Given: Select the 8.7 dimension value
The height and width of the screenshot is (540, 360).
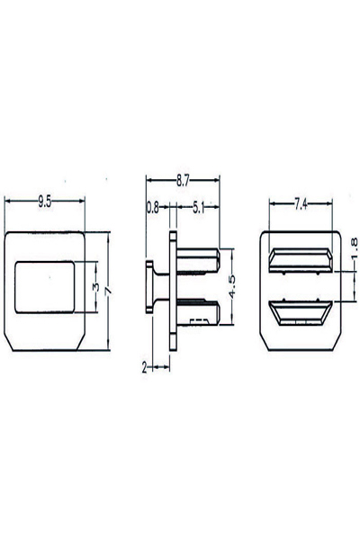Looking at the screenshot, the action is tap(183, 181).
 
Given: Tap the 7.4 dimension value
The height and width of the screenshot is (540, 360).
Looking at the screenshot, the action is tap(301, 205).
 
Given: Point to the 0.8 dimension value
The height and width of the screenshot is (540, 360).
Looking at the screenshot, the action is tap(153, 208).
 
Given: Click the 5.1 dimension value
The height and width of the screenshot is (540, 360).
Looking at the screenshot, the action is tap(198, 208).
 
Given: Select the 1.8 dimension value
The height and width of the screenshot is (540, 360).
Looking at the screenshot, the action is tap(354, 247).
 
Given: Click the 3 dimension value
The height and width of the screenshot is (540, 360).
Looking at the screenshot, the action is tap(96, 286).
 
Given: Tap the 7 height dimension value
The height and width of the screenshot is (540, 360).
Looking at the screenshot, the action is tap(108, 291).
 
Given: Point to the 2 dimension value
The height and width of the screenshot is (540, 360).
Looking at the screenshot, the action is tap(144, 368).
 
